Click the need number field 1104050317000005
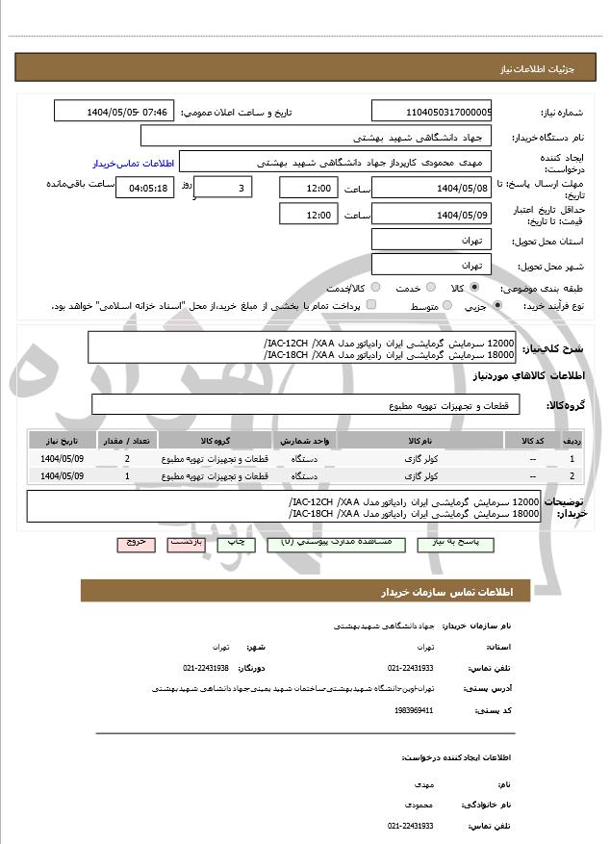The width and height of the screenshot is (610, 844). tap(431, 112)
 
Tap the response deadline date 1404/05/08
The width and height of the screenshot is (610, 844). tap(431, 187)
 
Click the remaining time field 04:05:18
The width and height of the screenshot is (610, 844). tap(145, 188)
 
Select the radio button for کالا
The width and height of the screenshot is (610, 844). tap(474, 288)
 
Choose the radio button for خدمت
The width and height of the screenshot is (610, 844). tap(428, 288)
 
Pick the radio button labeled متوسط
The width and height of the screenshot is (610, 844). tap(445, 306)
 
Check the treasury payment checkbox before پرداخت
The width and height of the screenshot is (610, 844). tap(371, 306)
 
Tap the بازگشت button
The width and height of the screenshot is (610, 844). tap(188, 544)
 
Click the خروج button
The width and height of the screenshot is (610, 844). tap(136, 544)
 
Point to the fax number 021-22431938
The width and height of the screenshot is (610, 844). tap(206, 667)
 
